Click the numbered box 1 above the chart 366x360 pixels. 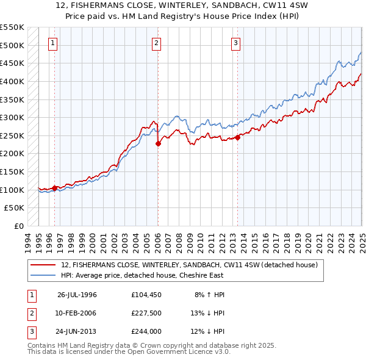pyautogui.click(x=54, y=43)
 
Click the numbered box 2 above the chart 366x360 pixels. pyautogui.click(x=157, y=43)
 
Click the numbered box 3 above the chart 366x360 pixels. pyautogui.click(x=235, y=43)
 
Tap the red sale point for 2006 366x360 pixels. pyautogui.click(x=158, y=144)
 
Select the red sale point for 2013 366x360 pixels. pyautogui.click(x=238, y=138)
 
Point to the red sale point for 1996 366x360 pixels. pyautogui.click(x=54, y=189)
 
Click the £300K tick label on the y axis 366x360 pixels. pyautogui.click(x=12, y=117)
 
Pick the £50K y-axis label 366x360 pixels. pyautogui.click(x=15, y=208)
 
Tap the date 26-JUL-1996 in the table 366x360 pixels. pyautogui.click(x=77, y=295)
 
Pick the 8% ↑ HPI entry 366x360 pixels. pyautogui.click(x=210, y=295)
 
